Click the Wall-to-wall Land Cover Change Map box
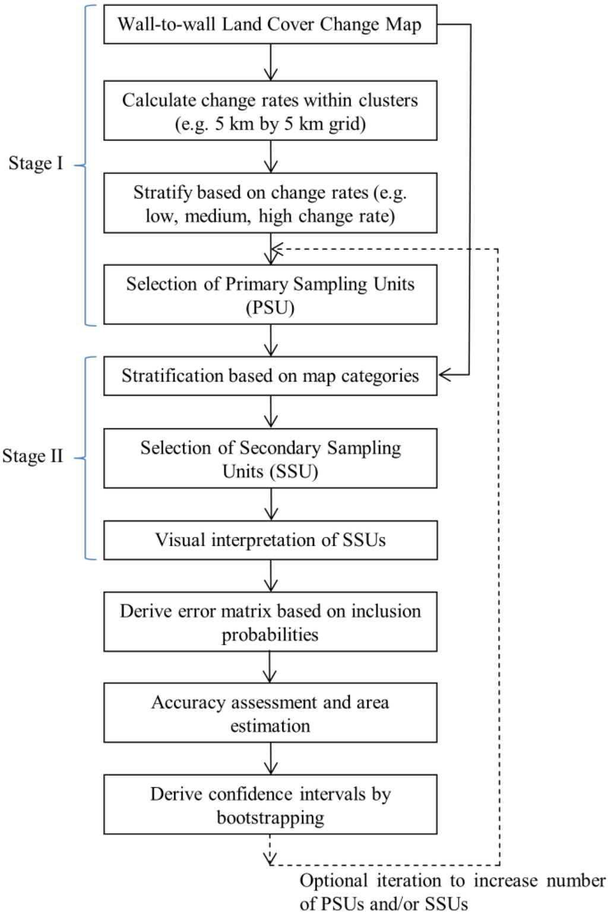270,25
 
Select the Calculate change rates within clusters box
270,112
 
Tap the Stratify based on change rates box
270,203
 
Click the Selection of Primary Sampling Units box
270,295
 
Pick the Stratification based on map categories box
270,376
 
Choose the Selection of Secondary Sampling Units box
270,459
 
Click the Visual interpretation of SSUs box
270,540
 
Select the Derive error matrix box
270,622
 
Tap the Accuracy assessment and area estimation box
270,713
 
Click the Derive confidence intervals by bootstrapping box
270,805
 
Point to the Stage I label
36,164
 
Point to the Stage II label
33,457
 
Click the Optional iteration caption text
451,892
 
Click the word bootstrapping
270,818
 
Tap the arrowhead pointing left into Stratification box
444,375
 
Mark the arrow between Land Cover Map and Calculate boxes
271,62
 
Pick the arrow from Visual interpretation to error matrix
271,575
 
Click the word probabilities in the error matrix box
270,635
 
